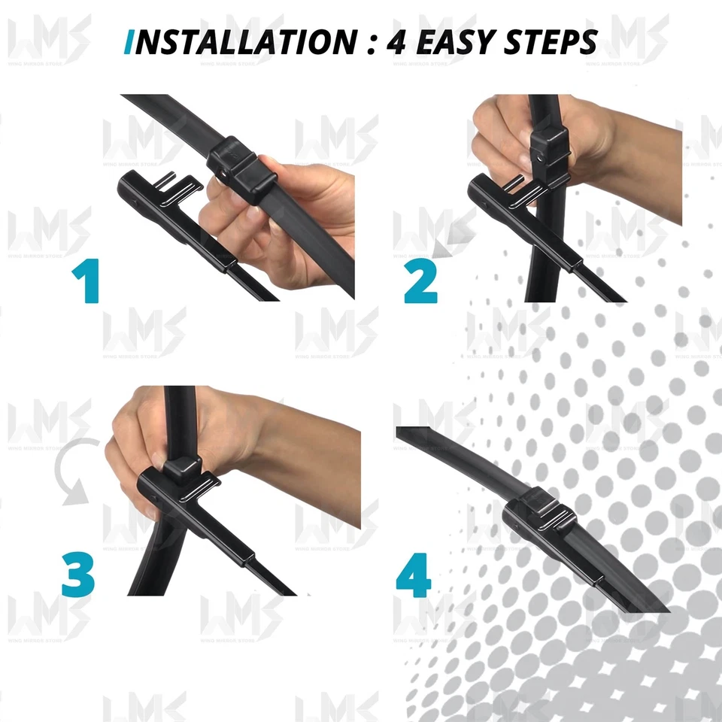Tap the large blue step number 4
(x=413, y=576)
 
